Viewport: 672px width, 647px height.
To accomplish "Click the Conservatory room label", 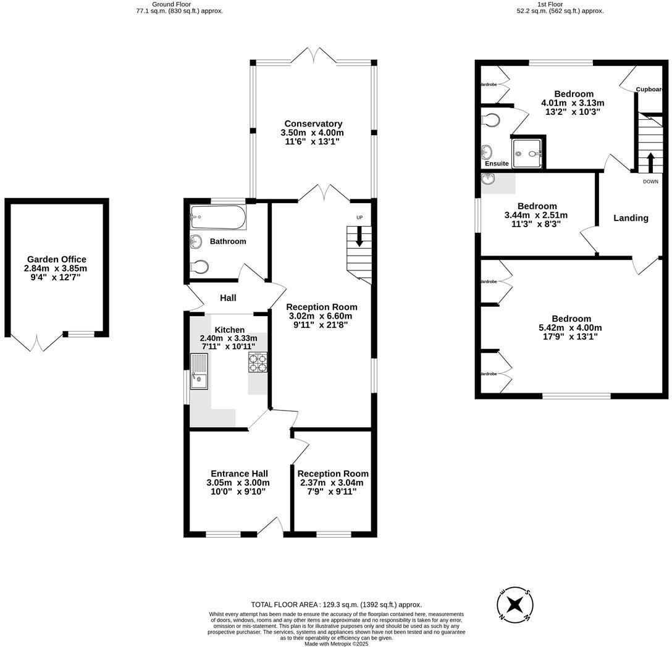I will click(313, 123).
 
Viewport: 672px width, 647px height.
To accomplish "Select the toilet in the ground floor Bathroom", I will click(200, 267).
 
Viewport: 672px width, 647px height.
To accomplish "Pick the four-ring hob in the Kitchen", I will click(258, 362).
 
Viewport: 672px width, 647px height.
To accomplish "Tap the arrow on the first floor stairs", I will click(650, 163).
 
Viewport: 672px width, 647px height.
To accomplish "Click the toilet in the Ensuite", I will click(492, 120).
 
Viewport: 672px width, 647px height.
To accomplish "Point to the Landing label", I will click(631, 218).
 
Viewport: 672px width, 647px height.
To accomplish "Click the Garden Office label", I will click(57, 259).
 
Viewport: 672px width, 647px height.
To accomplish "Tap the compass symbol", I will click(515, 603).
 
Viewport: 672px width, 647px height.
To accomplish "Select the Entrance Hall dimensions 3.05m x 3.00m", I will click(238, 483).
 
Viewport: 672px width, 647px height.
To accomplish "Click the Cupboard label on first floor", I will click(649, 90).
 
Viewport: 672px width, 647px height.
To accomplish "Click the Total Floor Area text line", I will click(336, 604).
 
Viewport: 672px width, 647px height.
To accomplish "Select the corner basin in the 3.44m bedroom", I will click(489, 179).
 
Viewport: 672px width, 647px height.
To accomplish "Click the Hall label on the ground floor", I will click(228, 298).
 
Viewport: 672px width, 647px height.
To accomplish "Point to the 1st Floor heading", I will click(560, 4).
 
